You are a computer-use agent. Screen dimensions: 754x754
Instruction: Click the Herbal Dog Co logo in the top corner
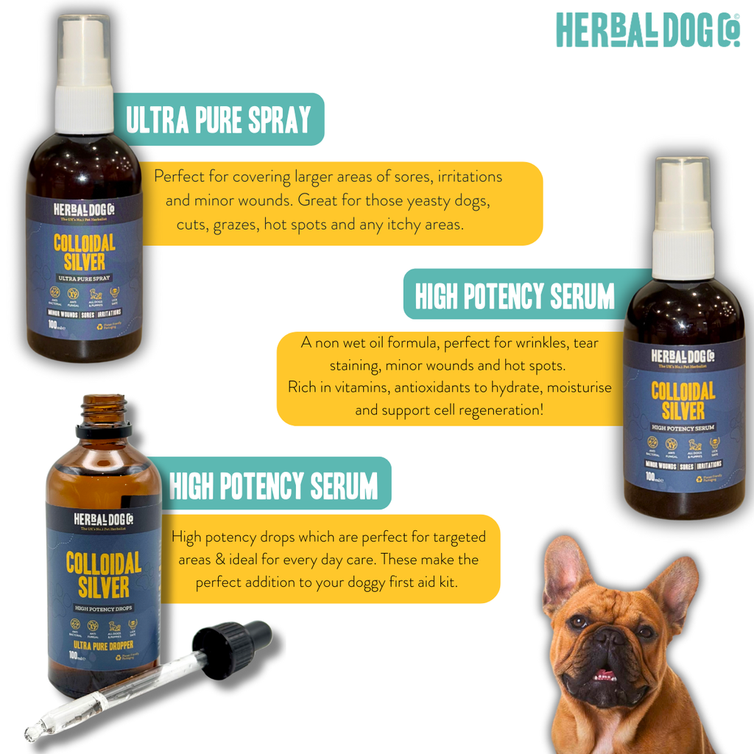[648, 29]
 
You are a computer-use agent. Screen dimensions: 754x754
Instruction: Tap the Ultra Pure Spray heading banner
[219, 119]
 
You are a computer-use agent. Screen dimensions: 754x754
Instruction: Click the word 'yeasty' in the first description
[435, 200]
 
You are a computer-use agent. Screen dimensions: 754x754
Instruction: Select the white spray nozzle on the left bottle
[85, 74]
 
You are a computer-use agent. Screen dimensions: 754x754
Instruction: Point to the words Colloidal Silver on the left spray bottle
[85, 253]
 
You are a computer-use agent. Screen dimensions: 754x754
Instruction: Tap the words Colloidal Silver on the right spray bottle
[683, 400]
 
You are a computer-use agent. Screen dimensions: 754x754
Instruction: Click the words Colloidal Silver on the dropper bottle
[103, 575]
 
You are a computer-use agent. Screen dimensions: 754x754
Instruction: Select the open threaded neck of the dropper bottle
[103, 409]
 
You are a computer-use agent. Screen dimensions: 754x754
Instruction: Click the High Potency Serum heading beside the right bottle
[514, 296]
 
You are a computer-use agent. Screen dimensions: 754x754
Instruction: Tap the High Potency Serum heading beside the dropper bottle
[274, 486]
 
